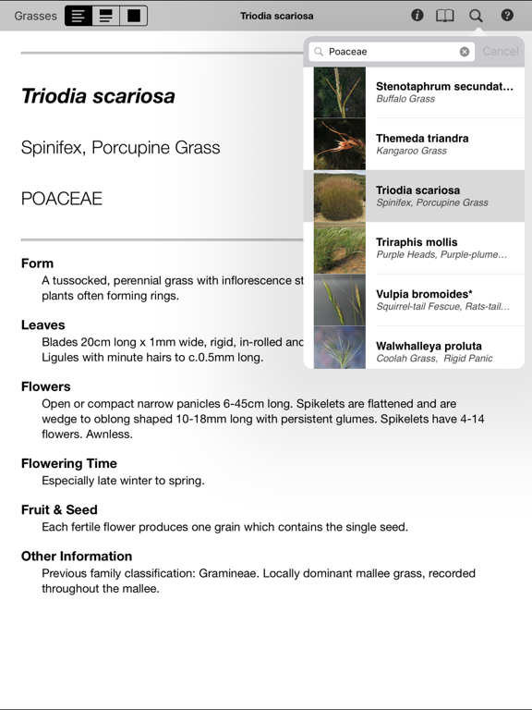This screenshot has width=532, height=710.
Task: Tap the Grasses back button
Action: tap(35, 16)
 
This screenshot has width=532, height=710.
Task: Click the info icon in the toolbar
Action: tap(417, 16)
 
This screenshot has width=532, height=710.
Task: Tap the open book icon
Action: tap(445, 16)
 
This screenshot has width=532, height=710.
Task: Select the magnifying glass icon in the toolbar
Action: tap(476, 16)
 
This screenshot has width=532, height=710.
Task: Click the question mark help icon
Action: tap(507, 16)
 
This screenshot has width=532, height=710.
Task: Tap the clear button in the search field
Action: tap(465, 52)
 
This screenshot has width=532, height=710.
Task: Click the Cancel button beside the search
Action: tap(501, 52)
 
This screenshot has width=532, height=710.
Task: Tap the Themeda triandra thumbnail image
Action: tap(339, 144)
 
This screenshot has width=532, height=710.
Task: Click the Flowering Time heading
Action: tap(69, 463)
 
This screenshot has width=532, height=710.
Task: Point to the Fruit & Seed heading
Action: tap(59, 509)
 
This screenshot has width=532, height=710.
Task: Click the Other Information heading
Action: tap(77, 556)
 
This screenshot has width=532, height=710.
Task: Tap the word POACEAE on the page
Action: tap(62, 199)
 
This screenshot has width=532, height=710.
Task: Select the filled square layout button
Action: tap(134, 16)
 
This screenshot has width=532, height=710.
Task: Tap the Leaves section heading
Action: tap(43, 324)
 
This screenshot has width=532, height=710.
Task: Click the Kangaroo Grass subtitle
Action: tap(411, 151)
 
